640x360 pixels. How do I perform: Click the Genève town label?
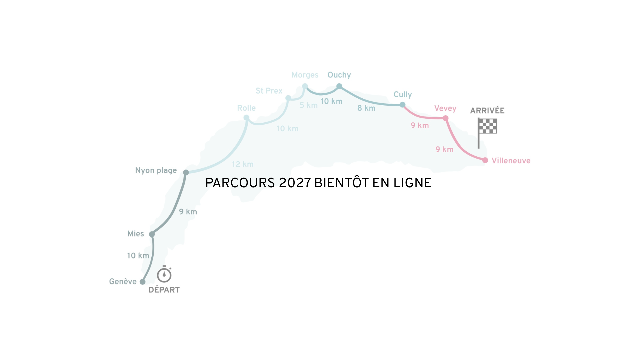pyautogui.click(x=123, y=282)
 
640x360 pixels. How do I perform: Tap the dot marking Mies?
pyautogui.click(x=152, y=234)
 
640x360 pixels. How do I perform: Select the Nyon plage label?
pyautogui.click(x=156, y=171)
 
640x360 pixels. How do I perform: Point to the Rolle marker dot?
pyautogui.click(x=246, y=118)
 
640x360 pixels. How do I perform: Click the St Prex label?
pyautogui.click(x=269, y=91)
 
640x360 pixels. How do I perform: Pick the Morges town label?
pyautogui.click(x=305, y=75)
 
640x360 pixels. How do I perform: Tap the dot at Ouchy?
pyautogui.click(x=339, y=86)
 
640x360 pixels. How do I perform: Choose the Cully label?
pyautogui.click(x=403, y=95)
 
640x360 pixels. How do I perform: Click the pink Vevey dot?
pyautogui.click(x=446, y=118)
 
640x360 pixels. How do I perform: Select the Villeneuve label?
pyautogui.click(x=511, y=161)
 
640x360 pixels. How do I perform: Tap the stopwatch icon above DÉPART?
pyautogui.click(x=164, y=274)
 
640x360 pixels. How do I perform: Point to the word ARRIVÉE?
pyautogui.click(x=487, y=110)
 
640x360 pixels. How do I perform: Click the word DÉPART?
pyautogui.click(x=164, y=290)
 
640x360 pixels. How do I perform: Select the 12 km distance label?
pyautogui.click(x=243, y=164)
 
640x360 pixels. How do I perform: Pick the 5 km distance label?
pyautogui.click(x=309, y=105)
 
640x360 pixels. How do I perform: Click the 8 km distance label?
pyautogui.click(x=366, y=108)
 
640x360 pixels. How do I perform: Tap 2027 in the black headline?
pyautogui.click(x=295, y=183)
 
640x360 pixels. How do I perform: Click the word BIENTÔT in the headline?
pyautogui.click(x=342, y=182)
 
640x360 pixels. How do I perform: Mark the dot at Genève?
pyautogui.click(x=143, y=282)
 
